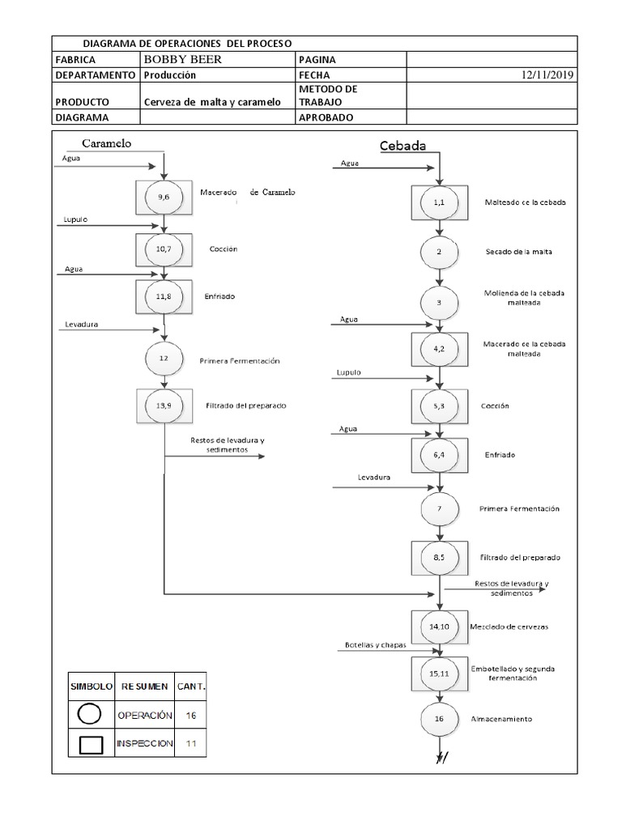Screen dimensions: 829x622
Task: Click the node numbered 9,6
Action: pos(164,197)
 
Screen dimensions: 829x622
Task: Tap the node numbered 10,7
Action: pos(164,249)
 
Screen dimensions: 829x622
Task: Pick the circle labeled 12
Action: pos(164,357)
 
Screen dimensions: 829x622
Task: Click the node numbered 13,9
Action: pos(164,406)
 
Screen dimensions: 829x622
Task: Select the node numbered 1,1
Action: pos(439,203)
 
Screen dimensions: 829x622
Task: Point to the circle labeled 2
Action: pos(439,252)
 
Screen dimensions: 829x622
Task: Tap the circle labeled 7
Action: pos(439,509)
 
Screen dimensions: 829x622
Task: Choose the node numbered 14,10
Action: pos(439,627)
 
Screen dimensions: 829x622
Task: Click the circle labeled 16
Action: pos(439,718)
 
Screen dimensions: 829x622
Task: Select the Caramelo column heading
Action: pos(106,143)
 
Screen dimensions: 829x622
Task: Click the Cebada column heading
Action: pos(403,146)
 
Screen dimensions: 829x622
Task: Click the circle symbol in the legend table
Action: pos(90,715)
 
